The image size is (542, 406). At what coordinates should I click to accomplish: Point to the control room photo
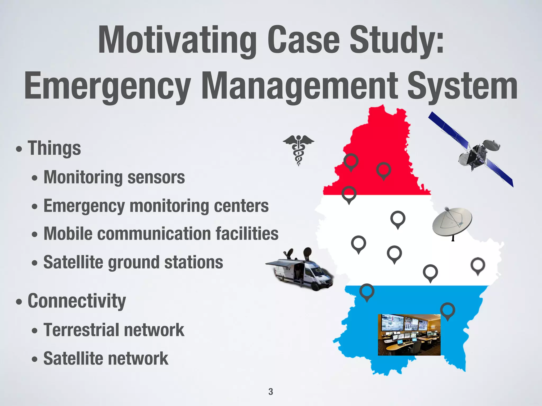coord(409,335)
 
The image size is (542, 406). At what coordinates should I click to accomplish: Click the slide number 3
coord(270,391)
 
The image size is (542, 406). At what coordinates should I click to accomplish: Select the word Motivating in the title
coord(177,40)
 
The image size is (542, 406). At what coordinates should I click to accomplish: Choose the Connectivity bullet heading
coord(77,301)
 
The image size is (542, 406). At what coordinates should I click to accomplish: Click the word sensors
coord(156,177)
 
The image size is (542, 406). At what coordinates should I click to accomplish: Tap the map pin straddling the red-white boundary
coord(349,194)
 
